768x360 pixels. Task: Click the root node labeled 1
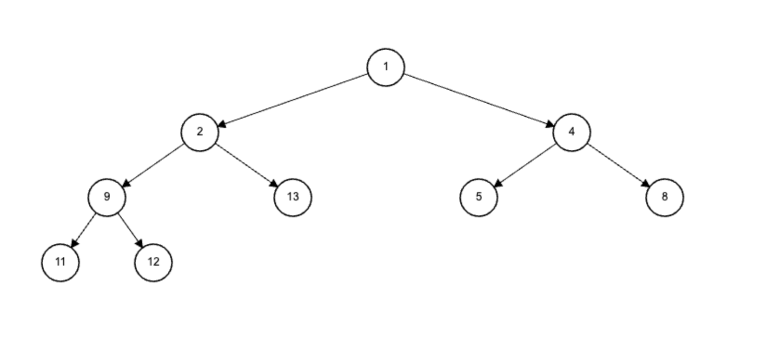point(386,67)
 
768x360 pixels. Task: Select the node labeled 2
point(200,133)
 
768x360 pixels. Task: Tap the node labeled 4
point(572,133)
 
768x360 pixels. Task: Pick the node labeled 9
point(107,198)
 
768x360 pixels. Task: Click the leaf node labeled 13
point(293,198)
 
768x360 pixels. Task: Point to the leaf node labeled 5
point(479,198)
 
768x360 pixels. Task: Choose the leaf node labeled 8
point(665,198)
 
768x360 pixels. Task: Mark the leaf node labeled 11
point(60,263)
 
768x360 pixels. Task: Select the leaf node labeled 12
point(153,263)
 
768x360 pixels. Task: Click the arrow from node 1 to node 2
point(293,100)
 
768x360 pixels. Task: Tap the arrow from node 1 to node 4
point(479,100)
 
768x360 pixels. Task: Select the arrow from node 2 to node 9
point(153,165)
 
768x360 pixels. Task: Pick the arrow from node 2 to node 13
point(246,165)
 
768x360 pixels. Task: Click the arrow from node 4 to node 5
point(525,165)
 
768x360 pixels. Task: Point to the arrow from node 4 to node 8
point(618,165)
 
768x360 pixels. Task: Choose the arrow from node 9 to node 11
point(84,230)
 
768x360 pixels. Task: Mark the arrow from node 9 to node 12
point(130,230)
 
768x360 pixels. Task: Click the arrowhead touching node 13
point(274,184)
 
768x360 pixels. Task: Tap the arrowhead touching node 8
point(646,184)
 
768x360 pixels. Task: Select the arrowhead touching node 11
point(73,243)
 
